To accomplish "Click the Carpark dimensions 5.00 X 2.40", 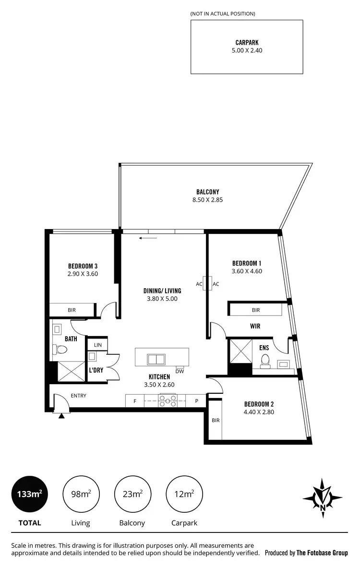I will pyautogui.click(x=247, y=50).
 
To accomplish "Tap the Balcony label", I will pyautogui.click(x=208, y=192).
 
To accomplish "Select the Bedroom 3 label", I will pyautogui.click(x=83, y=266).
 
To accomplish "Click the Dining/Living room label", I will pyautogui.click(x=162, y=290).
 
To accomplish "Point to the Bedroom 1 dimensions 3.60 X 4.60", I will pyautogui.click(x=247, y=271).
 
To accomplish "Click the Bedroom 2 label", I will pyautogui.click(x=259, y=404).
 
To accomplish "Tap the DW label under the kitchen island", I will pyautogui.click(x=180, y=371).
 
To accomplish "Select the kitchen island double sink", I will pyautogui.click(x=156, y=359).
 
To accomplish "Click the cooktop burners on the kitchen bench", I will pyautogui.click(x=168, y=400).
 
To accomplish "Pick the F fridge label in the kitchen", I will pyautogui.click(x=135, y=400).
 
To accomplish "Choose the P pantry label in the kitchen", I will pyautogui.click(x=196, y=400).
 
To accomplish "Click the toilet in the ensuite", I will pyautogui.click(x=264, y=360).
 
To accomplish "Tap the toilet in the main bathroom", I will pyautogui.click(x=60, y=351).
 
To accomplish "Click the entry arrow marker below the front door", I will pyautogui.click(x=61, y=415).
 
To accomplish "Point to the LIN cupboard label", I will pyautogui.click(x=97, y=345).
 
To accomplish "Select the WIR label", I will pyautogui.click(x=255, y=326).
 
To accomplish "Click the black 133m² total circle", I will pyautogui.click(x=29, y=493).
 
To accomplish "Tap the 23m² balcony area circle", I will pyautogui.click(x=132, y=493).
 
